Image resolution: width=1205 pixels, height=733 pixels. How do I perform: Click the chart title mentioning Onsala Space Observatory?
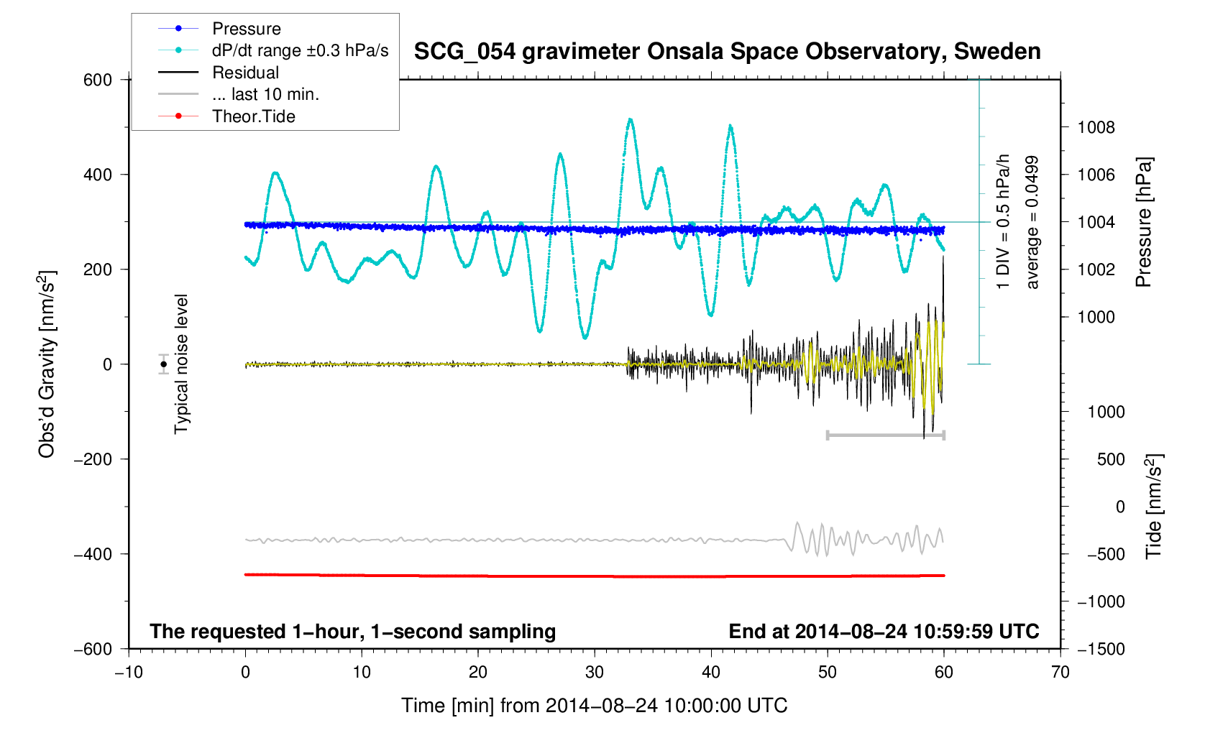(727, 52)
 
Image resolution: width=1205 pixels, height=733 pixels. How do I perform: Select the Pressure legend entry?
(247, 29)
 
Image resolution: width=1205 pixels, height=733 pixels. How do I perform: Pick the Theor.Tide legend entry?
(253, 116)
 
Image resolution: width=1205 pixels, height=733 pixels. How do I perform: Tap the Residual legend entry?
(245, 73)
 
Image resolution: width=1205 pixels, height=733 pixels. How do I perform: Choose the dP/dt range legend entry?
(300, 50)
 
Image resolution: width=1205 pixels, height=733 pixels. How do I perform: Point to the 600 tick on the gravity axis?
(98, 80)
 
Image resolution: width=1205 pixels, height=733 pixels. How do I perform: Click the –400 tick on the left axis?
(93, 554)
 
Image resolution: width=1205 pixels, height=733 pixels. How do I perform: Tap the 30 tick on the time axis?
(595, 672)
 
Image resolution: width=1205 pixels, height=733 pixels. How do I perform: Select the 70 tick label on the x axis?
(1060, 672)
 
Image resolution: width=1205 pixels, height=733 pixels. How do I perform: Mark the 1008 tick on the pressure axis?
(1096, 128)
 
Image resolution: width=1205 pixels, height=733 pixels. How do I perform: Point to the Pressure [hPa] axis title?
(1143, 222)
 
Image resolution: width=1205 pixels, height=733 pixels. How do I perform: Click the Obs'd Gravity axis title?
(47, 364)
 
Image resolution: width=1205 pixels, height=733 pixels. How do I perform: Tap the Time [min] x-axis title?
(594, 706)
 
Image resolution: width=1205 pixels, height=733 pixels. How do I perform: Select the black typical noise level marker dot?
(164, 364)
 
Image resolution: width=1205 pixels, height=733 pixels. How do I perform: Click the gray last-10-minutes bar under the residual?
(885, 435)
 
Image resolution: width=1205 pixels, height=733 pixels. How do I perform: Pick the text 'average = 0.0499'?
(1032, 222)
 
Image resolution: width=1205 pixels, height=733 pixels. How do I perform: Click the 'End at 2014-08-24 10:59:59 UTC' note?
(884, 632)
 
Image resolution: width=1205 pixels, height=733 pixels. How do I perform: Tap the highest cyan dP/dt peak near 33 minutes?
(630, 120)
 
